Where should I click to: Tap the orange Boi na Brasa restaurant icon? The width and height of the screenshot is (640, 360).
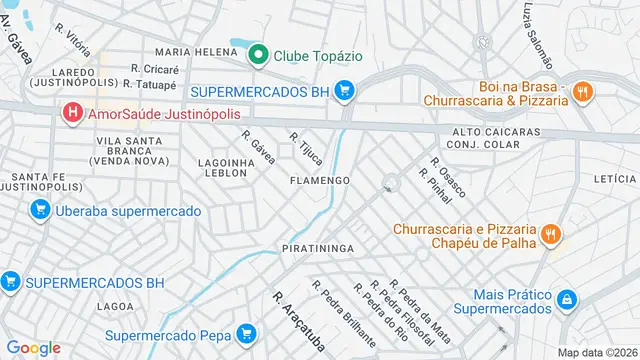tap(584, 92)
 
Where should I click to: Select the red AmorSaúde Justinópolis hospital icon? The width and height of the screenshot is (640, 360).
tap(72, 115)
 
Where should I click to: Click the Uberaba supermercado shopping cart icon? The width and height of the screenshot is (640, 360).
tap(39, 210)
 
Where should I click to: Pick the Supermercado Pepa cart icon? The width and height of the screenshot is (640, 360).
tap(246, 334)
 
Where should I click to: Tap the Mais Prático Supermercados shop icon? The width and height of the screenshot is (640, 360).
tap(567, 301)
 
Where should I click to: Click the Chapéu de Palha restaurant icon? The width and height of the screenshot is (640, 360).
tap(549, 235)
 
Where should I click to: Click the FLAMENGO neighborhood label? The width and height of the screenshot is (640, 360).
tap(319, 181)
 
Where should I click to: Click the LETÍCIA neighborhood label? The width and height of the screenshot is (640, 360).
tap(614, 178)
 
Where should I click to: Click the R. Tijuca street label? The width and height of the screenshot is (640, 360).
tap(305, 148)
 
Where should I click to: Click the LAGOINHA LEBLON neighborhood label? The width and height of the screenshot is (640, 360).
tap(222, 167)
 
